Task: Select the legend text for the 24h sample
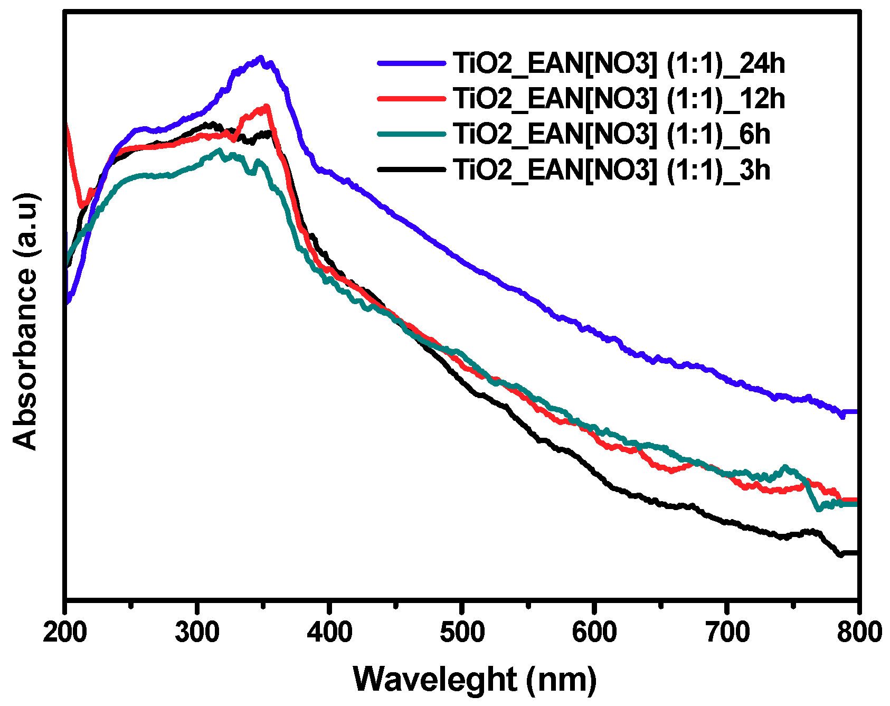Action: coord(619,63)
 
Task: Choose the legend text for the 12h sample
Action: coord(619,99)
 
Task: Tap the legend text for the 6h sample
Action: coord(611,134)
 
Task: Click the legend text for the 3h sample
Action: coord(611,170)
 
